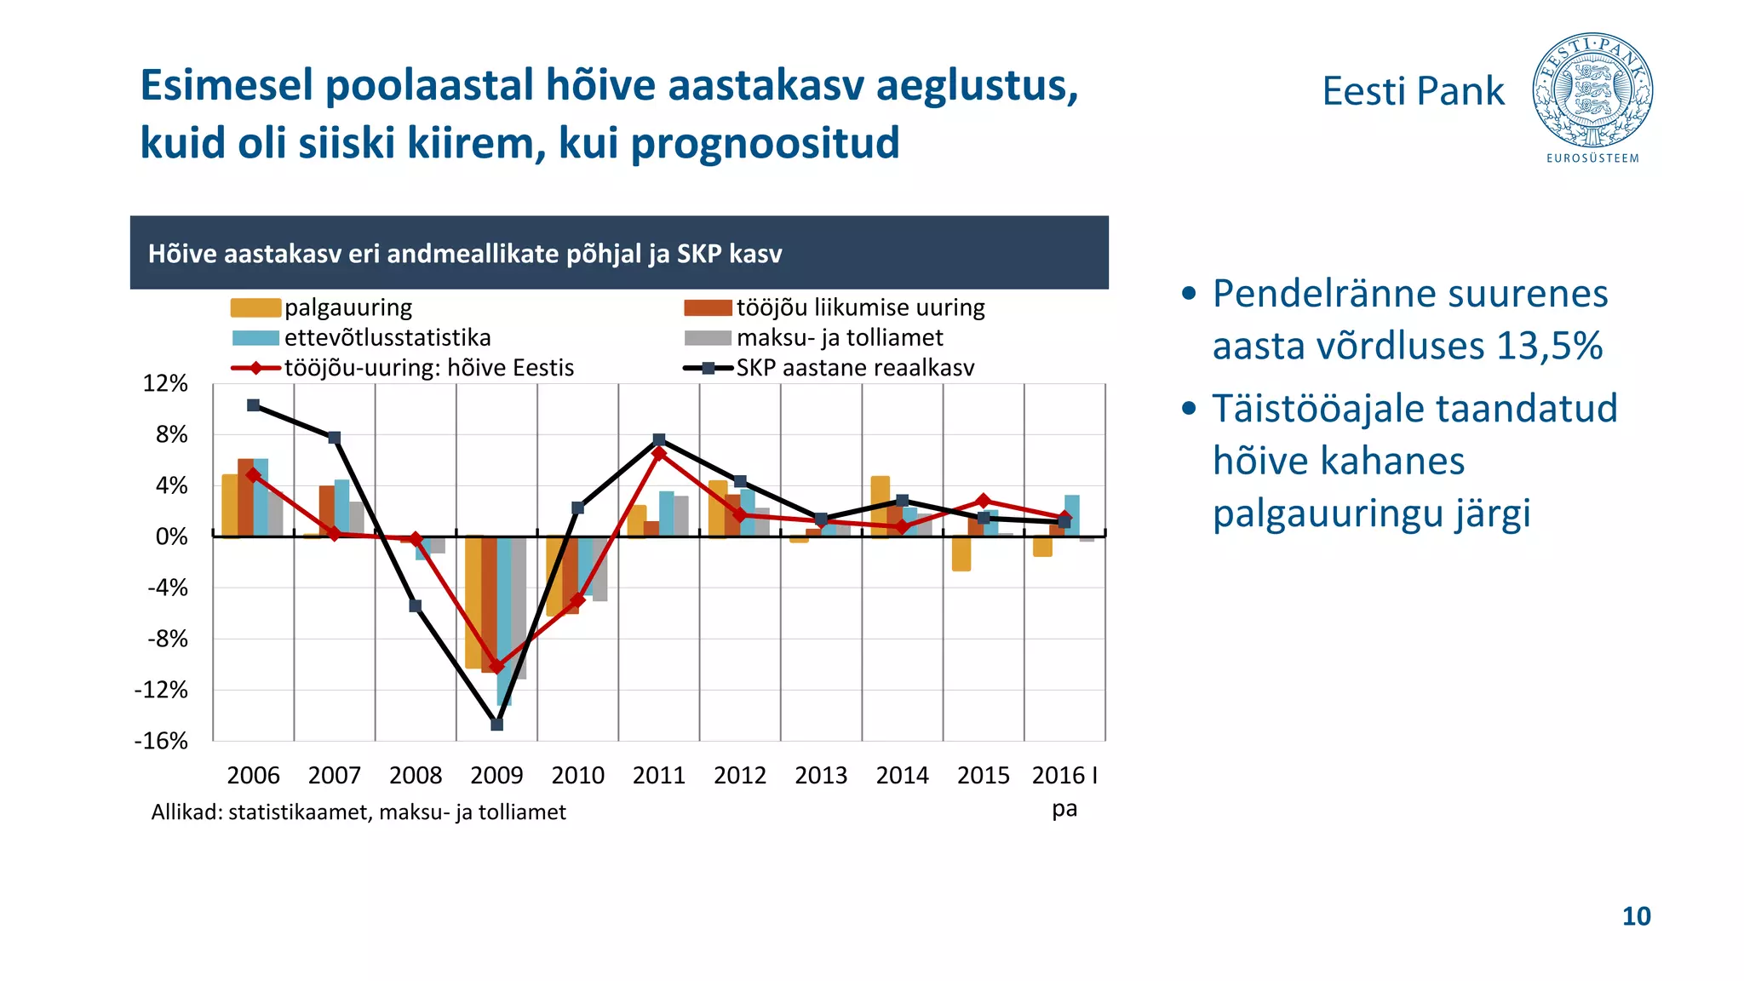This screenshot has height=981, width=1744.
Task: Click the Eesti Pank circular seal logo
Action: [1592, 91]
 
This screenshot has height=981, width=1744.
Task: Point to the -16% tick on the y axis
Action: [162, 741]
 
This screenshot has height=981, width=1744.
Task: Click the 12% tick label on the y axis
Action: [165, 384]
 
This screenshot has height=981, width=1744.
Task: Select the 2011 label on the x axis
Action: [658, 775]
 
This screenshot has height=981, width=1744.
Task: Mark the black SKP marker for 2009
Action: [497, 725]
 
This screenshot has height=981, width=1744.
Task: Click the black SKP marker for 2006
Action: [253, 405]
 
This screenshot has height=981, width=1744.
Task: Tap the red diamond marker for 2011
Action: [658, 454]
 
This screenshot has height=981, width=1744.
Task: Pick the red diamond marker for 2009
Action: [497, 666]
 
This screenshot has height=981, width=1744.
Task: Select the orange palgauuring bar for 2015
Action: [961, 554]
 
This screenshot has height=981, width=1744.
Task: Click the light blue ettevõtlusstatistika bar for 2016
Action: [1072, 515]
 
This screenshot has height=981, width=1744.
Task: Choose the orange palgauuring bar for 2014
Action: [880, 506]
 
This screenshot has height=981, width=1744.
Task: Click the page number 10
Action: [1636, 916]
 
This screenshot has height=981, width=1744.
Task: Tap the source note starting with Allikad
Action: [359, 812]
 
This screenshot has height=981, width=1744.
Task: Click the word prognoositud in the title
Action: [765, 142]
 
